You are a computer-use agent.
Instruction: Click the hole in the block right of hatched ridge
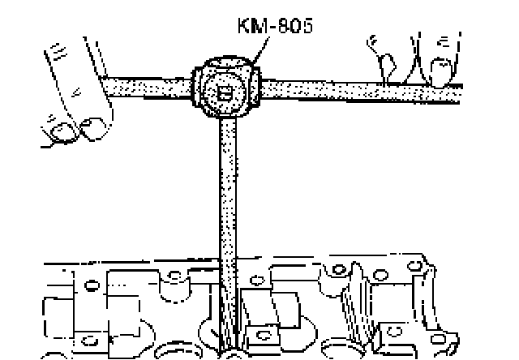(395, 332)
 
